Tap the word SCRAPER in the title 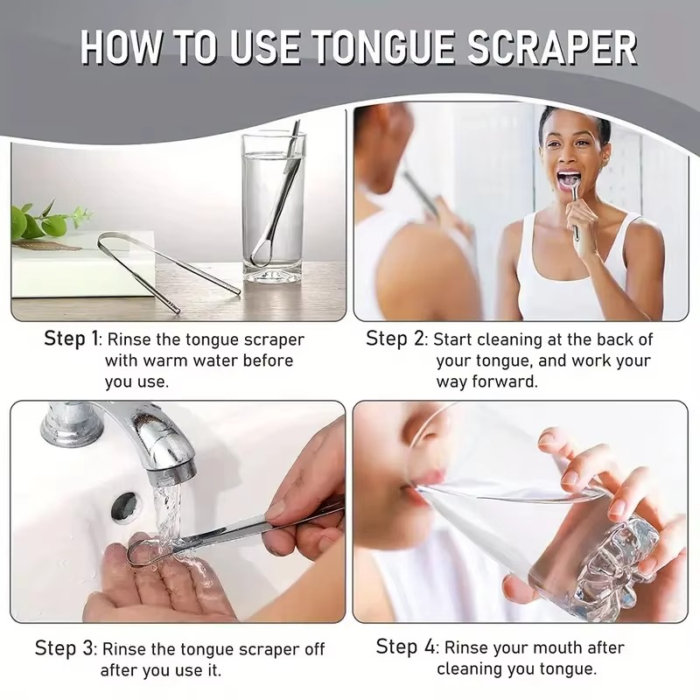click(x=552, y=48)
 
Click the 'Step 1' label click(x=71, y=339)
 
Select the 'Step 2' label click(x=395, y=339)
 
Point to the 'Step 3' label click(x=64, y=647)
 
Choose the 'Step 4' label click(x=405, y=647)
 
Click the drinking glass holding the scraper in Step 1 click(x=273, y=208)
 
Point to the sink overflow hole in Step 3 click(x=124, y=506)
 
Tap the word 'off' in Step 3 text click(x=314, y=648)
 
